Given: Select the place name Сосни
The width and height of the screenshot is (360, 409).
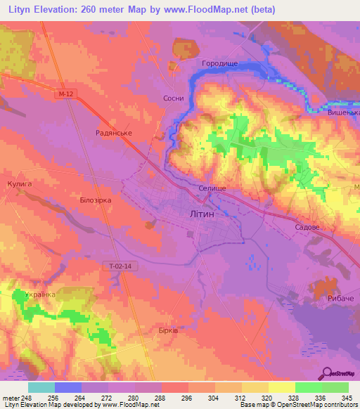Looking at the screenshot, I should point(173,99).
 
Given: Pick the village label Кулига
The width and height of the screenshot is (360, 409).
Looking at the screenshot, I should point(20,183).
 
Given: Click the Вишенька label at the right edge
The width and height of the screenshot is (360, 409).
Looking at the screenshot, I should point(343,112).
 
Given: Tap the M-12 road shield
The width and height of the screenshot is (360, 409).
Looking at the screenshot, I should point(65,92).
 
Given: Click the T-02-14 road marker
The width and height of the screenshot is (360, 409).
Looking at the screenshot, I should point(121,265).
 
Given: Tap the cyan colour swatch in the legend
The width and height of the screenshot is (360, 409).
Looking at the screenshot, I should point(41,387).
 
